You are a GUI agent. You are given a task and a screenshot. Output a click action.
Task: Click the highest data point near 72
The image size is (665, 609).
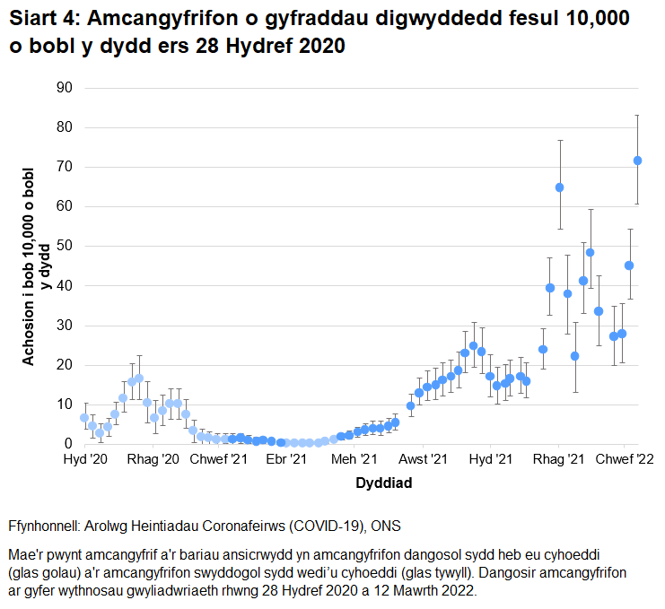(x=638, y=161)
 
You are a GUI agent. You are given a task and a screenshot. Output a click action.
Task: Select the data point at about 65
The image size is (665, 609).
(x=559, y=187)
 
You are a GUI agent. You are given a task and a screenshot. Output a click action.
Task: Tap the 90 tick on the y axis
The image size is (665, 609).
(x=65, y=88)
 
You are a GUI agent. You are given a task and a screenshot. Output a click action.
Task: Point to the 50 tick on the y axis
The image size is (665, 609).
(x=65, y=246)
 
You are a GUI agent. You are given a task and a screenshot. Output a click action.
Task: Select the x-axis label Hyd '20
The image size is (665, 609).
(x=85, y=459)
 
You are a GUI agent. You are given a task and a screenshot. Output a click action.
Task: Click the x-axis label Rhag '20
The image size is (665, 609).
(x=153, y=459)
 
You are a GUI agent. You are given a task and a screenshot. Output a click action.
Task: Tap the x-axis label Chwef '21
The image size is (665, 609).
(x=221, y=459)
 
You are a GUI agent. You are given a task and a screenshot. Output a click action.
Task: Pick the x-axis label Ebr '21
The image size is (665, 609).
(x=287, y=459)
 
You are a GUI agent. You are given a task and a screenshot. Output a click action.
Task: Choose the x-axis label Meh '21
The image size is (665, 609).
(x=354, y=459)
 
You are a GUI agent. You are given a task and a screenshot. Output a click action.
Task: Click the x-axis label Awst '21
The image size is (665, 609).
(x=423, y=459)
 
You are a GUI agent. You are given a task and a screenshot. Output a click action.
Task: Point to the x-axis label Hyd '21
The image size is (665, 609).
(x=491, y=459)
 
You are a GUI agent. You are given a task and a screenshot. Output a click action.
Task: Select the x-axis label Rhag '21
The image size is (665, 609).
(x=558, y=459)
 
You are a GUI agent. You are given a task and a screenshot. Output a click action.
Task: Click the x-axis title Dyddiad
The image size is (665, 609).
(x=383, y=483)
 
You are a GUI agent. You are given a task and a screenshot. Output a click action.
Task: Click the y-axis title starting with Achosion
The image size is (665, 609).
(x=35, y=266)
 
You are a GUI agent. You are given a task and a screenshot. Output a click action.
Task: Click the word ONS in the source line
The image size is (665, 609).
(x=379, y=524)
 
